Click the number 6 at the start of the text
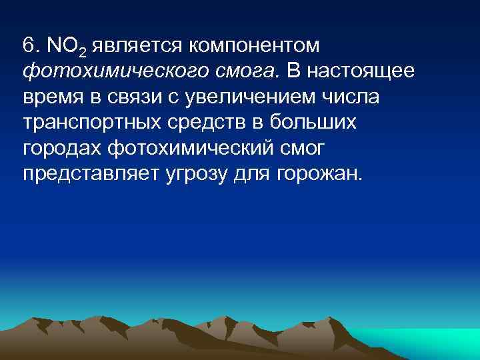pyautogui.click(x=27, y=46)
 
